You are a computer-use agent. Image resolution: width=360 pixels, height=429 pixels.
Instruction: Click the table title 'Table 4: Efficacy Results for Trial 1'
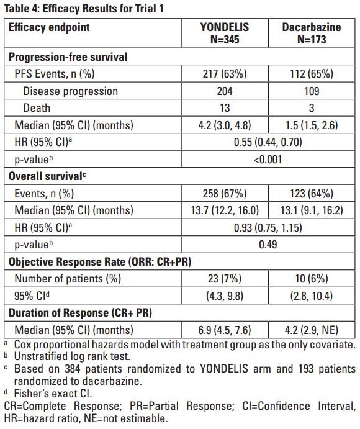point(84,9)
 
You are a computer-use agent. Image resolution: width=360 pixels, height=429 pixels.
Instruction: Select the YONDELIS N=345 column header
point(225,33)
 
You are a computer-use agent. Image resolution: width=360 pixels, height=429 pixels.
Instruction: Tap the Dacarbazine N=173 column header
point(312,33)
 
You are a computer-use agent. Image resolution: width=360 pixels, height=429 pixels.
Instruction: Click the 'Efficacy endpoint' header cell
point(49,27)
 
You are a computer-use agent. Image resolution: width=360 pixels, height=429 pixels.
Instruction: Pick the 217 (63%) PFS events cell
point(225,74)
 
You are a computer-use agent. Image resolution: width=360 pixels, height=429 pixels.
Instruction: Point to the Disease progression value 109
point(312,91)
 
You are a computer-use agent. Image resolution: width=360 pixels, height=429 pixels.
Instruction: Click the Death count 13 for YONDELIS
point(225,108)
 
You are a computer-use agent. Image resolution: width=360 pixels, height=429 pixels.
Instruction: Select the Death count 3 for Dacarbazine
point(312,108)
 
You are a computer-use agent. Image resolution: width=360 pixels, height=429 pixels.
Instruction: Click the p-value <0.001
point(268,159)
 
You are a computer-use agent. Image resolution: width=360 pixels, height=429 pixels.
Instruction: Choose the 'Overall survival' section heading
point(47,176)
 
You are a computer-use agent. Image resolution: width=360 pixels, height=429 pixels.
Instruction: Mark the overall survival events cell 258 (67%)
point(225,194)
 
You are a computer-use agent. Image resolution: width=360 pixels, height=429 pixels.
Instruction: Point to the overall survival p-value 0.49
point(268,245)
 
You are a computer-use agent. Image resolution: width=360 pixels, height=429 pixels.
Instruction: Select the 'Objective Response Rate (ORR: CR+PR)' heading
point(100,262)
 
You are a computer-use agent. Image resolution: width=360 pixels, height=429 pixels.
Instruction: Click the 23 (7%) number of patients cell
point(225,279)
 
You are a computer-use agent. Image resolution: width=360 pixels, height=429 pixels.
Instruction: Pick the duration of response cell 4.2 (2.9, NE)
point(312,330)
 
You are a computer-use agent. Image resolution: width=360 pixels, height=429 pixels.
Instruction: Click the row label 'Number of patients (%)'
point(68,279)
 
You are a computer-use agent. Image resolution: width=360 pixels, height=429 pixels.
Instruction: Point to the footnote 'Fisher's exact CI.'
point(53,394)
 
